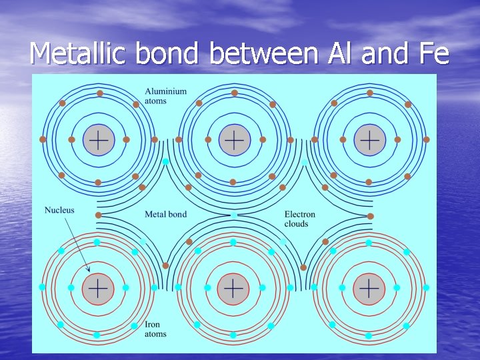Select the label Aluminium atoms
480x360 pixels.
165,96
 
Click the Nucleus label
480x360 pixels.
59,211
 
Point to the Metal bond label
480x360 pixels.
165,215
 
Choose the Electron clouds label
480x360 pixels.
299,219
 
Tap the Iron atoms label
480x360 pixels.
155,329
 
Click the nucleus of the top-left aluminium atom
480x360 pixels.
99,140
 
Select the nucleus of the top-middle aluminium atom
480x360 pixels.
234,140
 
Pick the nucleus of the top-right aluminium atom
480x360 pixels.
369,140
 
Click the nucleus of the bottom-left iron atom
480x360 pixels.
98,288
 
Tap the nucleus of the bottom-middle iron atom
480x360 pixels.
233,288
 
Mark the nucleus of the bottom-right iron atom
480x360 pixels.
369,288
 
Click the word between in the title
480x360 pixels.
263,53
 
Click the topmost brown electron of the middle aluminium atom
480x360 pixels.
235,93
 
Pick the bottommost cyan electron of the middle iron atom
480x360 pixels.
233,335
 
